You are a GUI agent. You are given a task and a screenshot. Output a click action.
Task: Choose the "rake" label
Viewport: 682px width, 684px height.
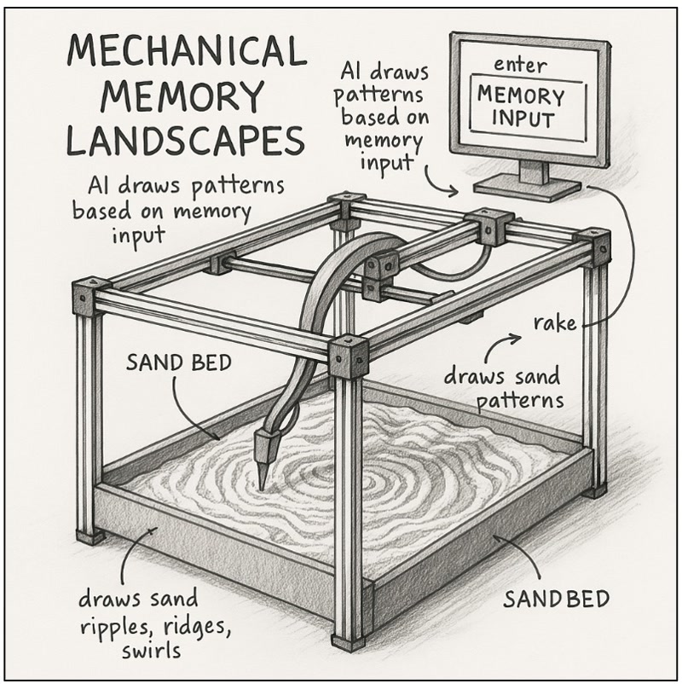click(x=555, y=323)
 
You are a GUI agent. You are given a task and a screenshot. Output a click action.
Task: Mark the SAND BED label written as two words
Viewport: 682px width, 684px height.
click(x=178, y=362)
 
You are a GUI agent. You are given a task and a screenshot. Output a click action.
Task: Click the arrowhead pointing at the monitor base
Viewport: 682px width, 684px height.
click(x=454, y=188)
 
